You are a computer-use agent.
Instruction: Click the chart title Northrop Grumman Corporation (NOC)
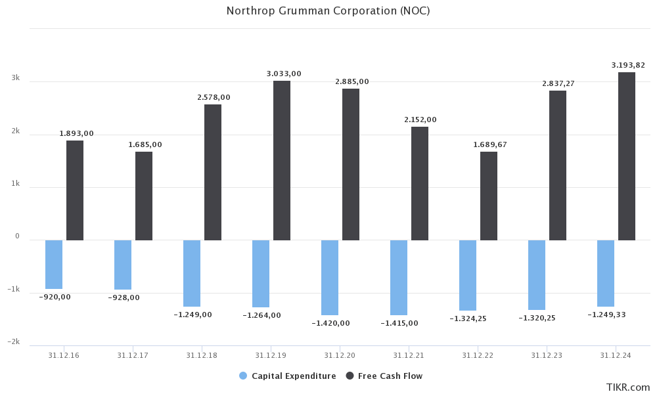[328, 11]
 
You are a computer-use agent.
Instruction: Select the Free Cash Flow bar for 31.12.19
[282, 160]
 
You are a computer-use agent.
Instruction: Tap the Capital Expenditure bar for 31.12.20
[330, 277]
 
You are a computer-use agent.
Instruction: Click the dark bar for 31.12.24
[627, 156]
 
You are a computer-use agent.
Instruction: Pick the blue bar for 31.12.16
[54, 264]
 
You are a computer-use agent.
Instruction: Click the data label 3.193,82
[628, 65]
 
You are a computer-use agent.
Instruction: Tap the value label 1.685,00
[144, 144]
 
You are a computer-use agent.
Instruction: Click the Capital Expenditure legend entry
[287, 376]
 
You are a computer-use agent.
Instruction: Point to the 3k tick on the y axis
[16, 78]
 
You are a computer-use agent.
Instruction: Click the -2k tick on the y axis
[14, 342]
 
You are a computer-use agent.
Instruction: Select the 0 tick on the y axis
[17, 236]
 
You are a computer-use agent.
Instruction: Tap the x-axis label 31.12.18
[201, 355]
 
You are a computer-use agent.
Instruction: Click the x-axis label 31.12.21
[408, 355]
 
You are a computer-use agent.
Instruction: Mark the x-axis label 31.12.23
[546, 355]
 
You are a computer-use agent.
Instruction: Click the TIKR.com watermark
[629, 387]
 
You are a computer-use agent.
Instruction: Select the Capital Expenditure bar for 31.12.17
[123, 265]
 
